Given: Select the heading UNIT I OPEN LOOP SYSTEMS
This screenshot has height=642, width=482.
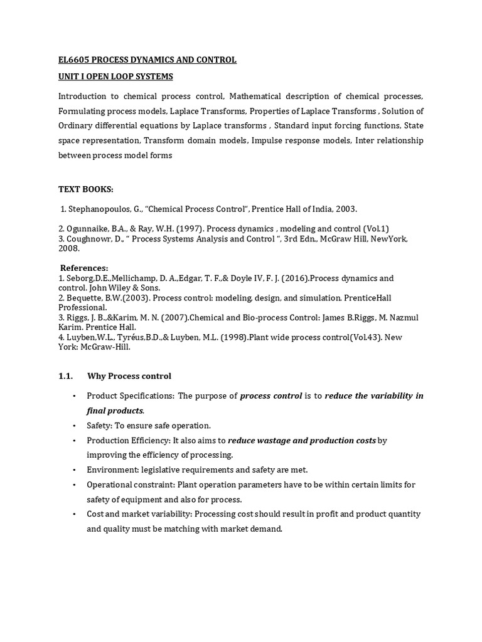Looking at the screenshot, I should tap(115, 76).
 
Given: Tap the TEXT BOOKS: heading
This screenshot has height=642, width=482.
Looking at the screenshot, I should tap(86, 189).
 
